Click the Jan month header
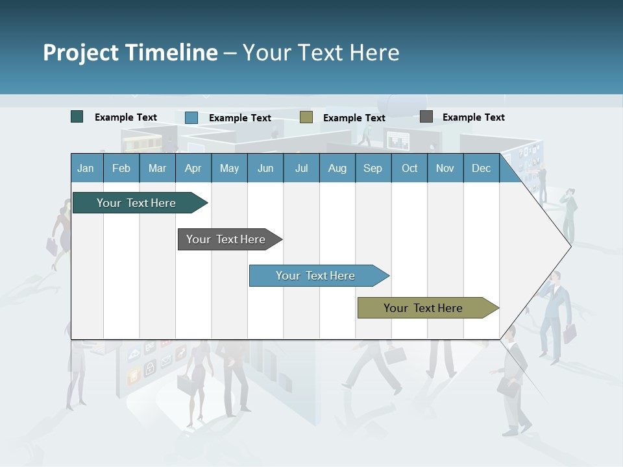click(86, 168)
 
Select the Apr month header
click(193, 168)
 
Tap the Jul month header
click(301, 168)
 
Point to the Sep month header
click(373, 168)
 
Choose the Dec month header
click(481, 168)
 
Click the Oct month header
click(409, 168)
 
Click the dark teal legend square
click(77, 117)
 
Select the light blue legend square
click(191, 117)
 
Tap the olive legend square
click(306, 117)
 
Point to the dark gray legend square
click(426, 117)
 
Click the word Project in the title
click(81, 53)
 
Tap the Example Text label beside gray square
click(473, 117)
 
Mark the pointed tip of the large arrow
click(570, 246)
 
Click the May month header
click(229, 168)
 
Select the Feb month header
click(121, 168)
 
